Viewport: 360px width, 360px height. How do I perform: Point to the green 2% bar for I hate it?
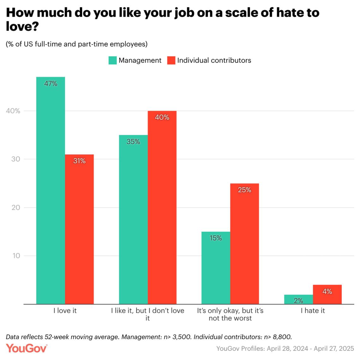tap(298, 300)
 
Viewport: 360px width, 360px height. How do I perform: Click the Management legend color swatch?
tap(112, 60)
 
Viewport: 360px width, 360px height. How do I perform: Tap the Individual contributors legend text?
tap(214, 60)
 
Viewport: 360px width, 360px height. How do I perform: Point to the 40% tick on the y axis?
tap(13, 111)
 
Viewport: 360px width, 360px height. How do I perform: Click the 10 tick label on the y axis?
tap(16, 255)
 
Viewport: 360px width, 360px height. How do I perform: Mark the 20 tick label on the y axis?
tap(16, 207)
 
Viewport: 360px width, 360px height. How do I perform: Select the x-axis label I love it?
tap(65, 310)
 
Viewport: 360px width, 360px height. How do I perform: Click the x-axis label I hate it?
tap(313, 310)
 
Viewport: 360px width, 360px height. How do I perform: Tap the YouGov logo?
tap(27, 348)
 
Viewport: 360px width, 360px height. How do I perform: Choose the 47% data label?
tap(51, 84)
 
